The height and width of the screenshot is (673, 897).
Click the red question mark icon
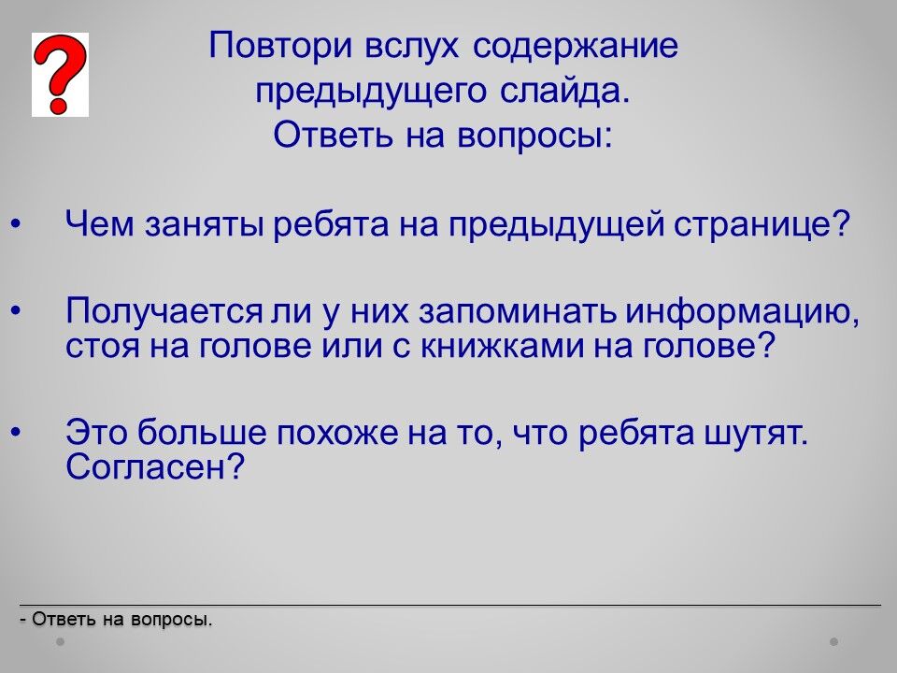pos(60,75)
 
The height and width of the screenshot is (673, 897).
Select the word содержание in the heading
pos(576,47)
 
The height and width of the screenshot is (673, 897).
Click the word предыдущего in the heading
pos(371,93)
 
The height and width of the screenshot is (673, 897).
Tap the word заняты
pos(205,225)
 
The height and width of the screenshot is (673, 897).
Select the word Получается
pos(164,312)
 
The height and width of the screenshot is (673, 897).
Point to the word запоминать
pos(518,313)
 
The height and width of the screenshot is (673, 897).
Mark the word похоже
pos(337,433)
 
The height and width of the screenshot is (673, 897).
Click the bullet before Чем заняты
pos(16,223)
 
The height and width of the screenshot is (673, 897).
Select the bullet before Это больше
pos(16,432)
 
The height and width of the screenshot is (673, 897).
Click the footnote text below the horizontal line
pos(116,619)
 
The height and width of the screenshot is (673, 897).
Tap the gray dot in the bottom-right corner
pos(834,642)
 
